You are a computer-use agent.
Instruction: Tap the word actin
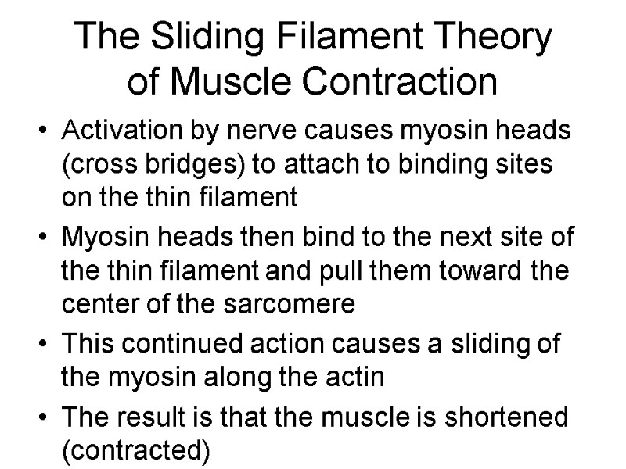coord(358,377)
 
